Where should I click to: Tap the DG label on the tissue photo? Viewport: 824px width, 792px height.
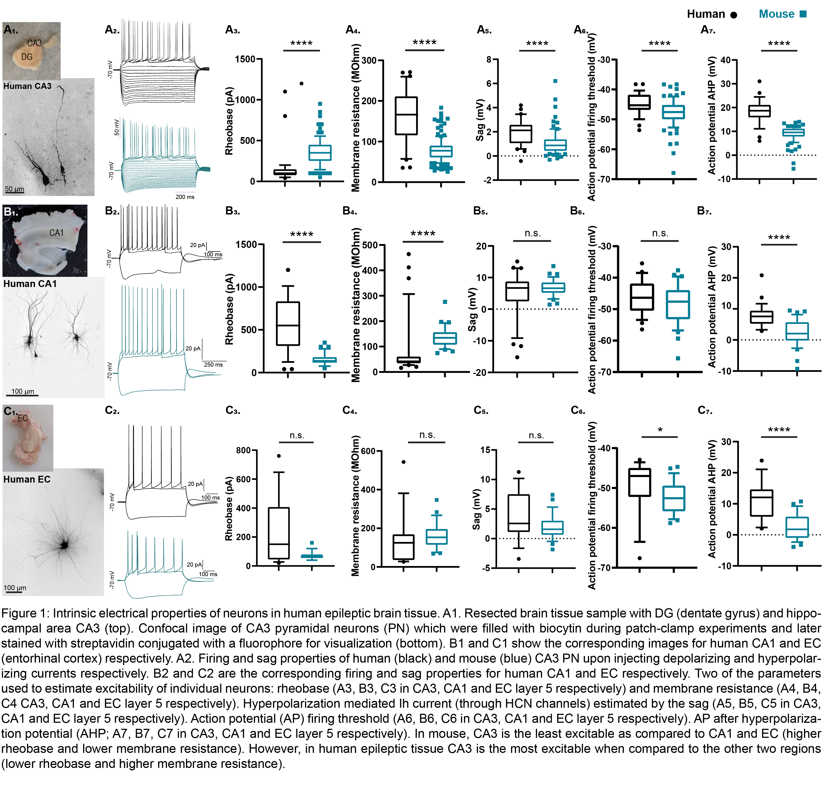(27, 57)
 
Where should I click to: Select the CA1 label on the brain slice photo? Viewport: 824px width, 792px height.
(56, 233)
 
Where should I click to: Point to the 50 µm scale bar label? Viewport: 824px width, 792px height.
(14, 189)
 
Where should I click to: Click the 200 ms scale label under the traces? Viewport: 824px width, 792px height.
(185, 197)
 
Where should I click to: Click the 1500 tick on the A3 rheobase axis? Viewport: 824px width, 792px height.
(245, 59)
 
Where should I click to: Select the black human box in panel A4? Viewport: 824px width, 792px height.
(406, 116)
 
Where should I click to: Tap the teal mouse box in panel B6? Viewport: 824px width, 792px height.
(678, 304)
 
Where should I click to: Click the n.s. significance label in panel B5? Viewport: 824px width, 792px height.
(533, 233)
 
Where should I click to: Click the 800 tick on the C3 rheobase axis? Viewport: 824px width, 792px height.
(243, 450)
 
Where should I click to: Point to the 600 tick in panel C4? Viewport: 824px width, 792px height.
(368, 451)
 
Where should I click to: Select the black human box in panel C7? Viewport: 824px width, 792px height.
(761, 503)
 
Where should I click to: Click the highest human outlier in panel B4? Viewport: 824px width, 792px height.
(408, 254)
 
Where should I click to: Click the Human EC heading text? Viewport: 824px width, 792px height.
(27, 479)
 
